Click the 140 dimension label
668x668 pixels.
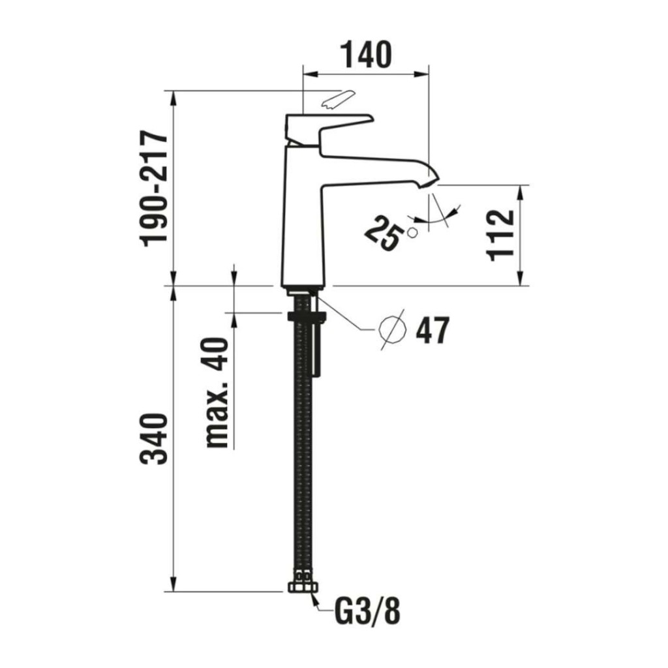[367, 55]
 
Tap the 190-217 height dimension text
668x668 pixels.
[155, 189]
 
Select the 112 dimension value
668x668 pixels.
[500, 235]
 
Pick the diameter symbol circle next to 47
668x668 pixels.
[392, 329]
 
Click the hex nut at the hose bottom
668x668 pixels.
[303, 587]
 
